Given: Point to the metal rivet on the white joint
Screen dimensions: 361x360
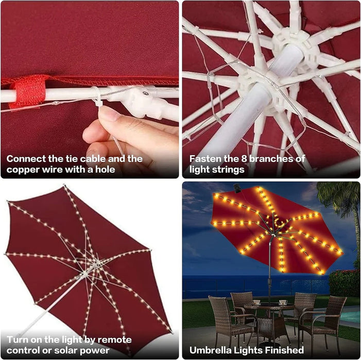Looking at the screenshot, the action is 145,93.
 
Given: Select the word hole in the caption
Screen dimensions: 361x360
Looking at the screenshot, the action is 105,169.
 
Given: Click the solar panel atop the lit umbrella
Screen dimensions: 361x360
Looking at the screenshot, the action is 237,189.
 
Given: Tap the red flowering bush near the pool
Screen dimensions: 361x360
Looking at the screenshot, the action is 344,283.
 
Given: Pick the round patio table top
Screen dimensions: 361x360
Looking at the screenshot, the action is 269,306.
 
